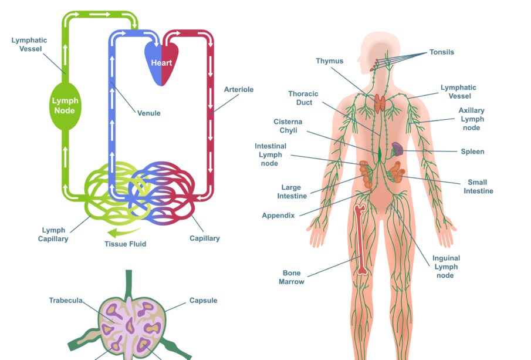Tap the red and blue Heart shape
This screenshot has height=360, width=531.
coord(162,62)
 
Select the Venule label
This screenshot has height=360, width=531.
coord(148,113)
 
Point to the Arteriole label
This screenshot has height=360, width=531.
coord(239,89)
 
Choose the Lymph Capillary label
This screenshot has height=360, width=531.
coord(53,234)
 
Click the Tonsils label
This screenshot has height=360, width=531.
coord(441,52)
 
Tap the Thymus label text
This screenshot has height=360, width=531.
coord(329,61)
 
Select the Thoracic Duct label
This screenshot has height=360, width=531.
coord(303,98)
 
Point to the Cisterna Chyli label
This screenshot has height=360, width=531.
coord(288,126)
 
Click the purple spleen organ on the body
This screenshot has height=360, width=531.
coord(397,149)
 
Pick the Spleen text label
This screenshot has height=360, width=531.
coord(472,152)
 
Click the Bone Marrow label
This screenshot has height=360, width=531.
coord(292,277)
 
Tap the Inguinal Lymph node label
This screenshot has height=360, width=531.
coord(446,267)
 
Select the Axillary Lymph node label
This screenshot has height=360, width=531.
coord(471,119)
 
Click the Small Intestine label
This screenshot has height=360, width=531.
coord(478,187)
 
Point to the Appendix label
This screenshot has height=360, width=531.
coord(278,216)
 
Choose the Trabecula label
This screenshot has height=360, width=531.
coord(65,301)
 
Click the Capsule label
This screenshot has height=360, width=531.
coord(203,301)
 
